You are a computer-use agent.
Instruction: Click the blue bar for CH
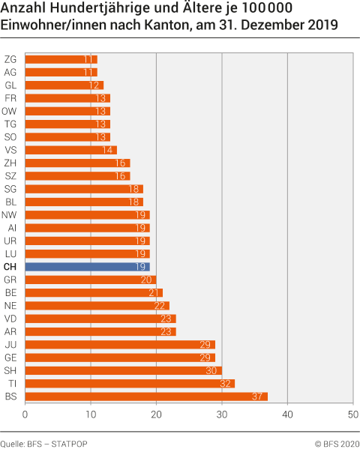click(x=87, y=267)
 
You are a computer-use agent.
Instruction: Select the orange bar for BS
click(x=146, y=396)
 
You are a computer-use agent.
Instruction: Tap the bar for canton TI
click(x=130, y=383)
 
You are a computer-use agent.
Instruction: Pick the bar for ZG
click(x=61, y=59)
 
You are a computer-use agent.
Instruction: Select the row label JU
click(x=10, y=344)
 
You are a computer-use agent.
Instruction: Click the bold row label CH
click(x=10, y=267)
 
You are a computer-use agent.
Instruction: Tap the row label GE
click(x=10, y=358)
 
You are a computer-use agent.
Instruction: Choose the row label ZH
click(x=10, y=163)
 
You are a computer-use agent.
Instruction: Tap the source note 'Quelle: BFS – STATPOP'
click(x=43, y=444)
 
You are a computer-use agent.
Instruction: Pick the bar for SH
click(x=124, y=370)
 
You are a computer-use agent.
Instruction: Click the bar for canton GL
click(x=64, y=85)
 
